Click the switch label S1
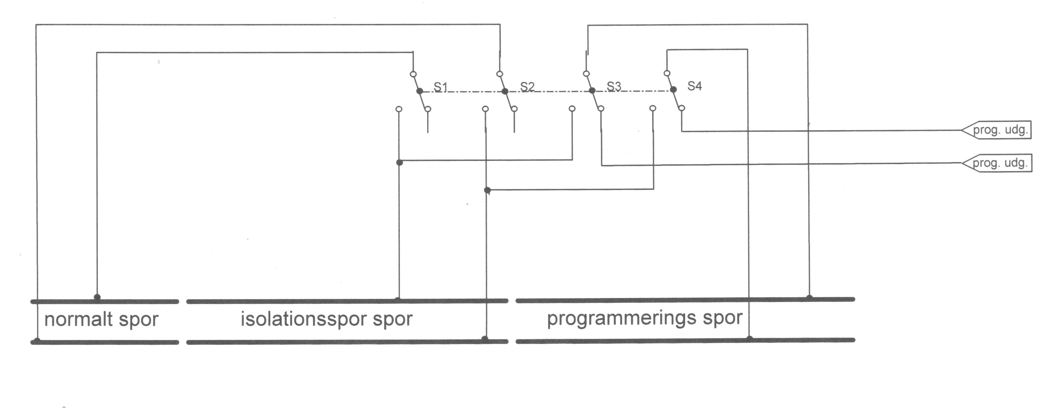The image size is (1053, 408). pos(440,87)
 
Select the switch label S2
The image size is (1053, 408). pos(527,87)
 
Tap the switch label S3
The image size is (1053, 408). pos(614,86)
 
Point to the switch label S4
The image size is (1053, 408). pos(694,86)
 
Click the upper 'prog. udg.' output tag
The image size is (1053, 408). pos(996,130)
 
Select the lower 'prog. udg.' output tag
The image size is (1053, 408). pos(997,163)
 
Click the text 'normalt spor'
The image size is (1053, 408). pos(101,319)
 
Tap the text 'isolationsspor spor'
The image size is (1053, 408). pos(327,319)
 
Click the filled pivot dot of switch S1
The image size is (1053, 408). pos(419,91)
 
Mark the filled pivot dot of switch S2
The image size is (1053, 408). pos(505,91)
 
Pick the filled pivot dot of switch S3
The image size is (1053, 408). pos(592,90)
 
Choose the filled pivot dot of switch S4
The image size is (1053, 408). pos(673,90)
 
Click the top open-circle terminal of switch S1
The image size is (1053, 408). pos(413,74)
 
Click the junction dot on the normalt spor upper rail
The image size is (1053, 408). pos(97,297)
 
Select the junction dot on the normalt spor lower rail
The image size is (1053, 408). pos(37,340)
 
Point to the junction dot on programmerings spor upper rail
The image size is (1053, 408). pos(809,297)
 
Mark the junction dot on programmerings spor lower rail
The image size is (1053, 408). pos(749,338)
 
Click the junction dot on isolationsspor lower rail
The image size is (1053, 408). pos(485,339)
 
